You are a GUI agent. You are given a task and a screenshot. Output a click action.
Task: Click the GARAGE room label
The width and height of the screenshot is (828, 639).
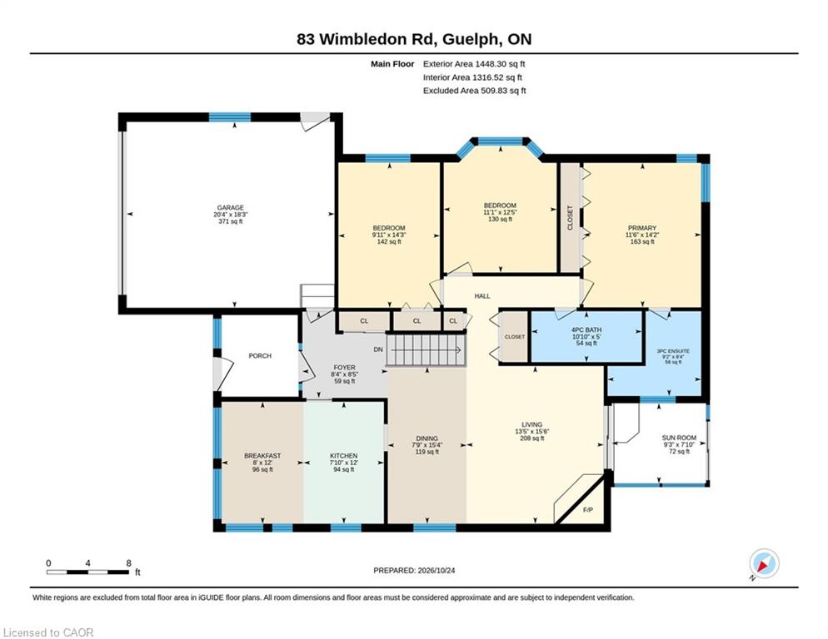point(230,208)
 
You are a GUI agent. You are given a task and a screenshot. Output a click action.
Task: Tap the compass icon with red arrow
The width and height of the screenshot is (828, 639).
point(764,563)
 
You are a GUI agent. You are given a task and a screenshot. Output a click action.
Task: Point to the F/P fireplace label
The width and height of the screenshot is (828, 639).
point(588,510)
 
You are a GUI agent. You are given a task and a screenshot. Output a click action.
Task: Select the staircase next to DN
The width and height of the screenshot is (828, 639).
point(426,349)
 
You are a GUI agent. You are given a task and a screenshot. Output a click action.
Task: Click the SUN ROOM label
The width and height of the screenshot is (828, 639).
point(679,438)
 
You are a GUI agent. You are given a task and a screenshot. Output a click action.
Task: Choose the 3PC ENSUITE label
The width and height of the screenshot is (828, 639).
point(673,351)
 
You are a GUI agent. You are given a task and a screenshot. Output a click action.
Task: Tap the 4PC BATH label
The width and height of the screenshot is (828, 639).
point(586,329)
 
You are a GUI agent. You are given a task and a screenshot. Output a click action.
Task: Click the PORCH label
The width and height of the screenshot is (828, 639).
point(260,356)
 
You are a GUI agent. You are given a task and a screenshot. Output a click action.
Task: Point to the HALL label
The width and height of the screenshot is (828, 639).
point(482,296)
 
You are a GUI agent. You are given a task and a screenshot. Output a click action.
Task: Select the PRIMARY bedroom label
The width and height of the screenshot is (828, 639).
point(642,228)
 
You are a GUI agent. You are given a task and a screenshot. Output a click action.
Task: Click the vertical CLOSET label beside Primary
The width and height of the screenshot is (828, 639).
point(571,217)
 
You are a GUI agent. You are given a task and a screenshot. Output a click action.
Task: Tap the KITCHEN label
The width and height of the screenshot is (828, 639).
point(344,456)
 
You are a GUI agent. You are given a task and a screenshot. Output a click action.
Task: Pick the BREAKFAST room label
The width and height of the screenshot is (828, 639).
point(262,456)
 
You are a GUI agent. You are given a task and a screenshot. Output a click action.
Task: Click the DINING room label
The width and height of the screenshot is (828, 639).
point(426,438)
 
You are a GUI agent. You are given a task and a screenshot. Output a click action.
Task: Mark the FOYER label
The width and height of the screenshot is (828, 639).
point(344,368)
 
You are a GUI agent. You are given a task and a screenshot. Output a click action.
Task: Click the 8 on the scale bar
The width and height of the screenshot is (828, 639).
point(129,563)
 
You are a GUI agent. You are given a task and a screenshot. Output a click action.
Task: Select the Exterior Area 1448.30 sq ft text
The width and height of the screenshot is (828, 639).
point(474,64)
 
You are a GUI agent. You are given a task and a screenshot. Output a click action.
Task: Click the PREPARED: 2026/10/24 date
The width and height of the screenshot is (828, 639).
point(414,571)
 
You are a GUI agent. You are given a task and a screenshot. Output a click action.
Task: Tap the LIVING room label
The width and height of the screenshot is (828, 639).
point(531,425)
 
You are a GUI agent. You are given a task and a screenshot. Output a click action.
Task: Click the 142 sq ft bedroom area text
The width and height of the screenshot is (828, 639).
point(389,241)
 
